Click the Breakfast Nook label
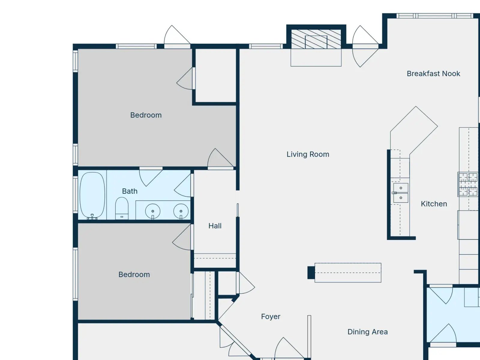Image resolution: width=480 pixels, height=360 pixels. pos(433,74)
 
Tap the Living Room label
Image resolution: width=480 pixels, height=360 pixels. pos(308,154)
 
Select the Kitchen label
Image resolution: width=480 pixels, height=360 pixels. pos(434,204)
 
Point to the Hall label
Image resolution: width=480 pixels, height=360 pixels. pos(215,226)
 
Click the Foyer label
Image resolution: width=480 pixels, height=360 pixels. pos(271,316)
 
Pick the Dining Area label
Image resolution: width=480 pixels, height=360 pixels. pos(367,332)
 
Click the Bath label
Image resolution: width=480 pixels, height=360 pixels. pos(130,191)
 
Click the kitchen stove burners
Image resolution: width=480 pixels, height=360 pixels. pos(468,184)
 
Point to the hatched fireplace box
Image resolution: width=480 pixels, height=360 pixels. pos(316,39)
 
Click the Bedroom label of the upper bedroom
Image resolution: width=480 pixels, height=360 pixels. pos(146,115)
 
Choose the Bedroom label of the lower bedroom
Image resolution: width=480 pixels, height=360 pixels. pos(134,274)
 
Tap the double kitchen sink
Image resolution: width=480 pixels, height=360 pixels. pos(400,193)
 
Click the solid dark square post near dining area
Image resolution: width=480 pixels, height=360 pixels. pos(311,273)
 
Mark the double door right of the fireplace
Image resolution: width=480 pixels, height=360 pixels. pos(365,46)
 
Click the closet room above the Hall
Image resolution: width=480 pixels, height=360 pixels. pos(216,75)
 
